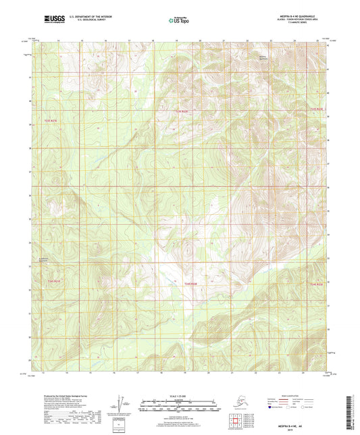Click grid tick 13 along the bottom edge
tap(42, 372)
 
